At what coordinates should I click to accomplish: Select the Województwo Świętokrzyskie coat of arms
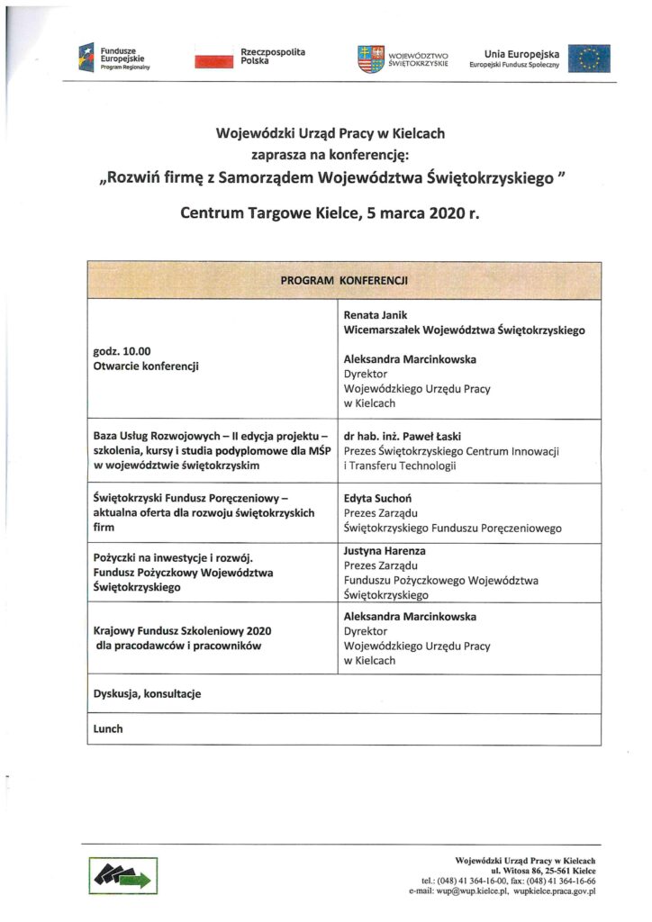(371, 59)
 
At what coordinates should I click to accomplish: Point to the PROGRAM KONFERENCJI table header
(344, 281)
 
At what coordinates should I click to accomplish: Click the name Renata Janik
(374, 315)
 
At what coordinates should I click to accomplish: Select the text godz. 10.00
(122, 351)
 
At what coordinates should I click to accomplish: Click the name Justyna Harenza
(385, 550)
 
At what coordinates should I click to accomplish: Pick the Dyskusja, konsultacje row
(147, 693)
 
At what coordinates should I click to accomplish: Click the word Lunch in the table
(107, 728)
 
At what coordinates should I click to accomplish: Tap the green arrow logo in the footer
(122, 873)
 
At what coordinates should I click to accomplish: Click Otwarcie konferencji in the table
(145, 366)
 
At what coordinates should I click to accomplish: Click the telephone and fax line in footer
(508, 881)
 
